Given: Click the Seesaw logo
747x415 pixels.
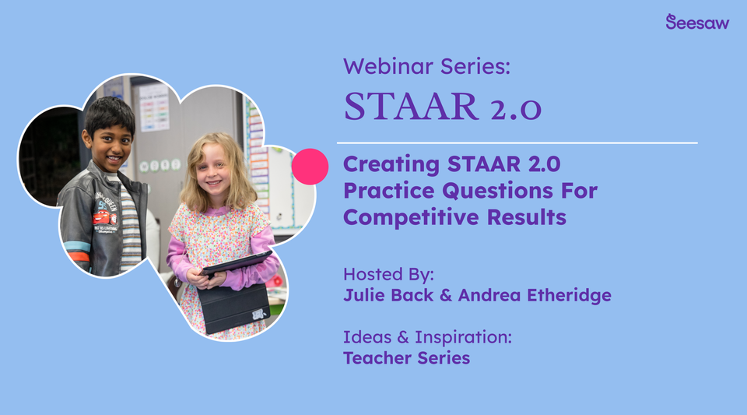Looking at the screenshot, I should [697, 22].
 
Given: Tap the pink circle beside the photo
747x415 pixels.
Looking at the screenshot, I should [310, 167].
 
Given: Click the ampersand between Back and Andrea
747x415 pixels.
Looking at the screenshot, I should [444, 295].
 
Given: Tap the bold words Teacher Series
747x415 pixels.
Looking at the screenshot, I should [406, 358].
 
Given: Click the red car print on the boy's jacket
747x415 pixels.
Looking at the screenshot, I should [104, 218].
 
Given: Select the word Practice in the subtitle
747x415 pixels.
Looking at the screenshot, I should [389, 191].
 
